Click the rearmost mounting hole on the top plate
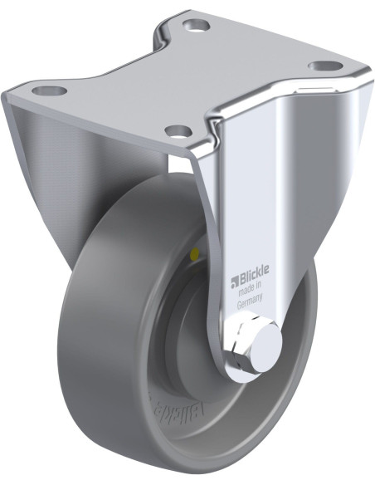point(195,25)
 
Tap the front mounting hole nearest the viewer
point(175,130)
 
